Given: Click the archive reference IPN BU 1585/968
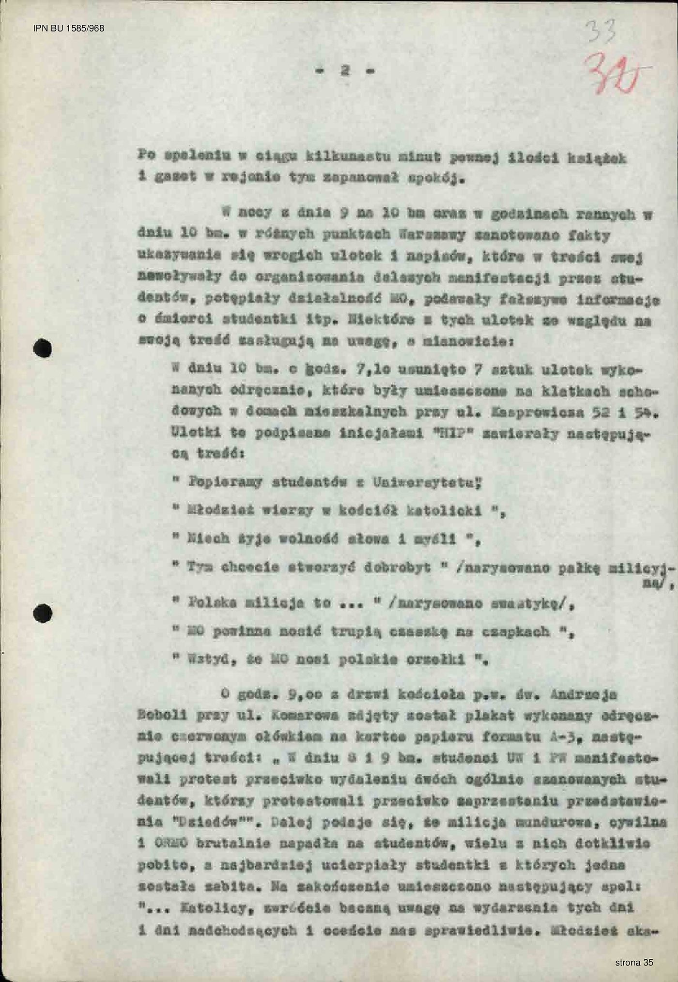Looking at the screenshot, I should click(68, 28).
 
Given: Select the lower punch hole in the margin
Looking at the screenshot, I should click(43, 612).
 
